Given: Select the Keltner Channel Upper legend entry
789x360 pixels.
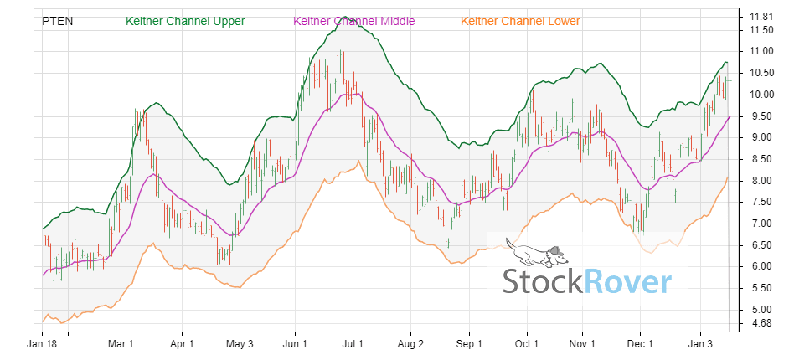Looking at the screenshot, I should [184, 21].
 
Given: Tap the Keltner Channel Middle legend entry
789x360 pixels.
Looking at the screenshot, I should [353, 21].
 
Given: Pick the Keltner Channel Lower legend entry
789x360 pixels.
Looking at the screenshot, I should [520, 21].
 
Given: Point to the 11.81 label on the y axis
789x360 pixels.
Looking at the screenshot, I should [761, 16].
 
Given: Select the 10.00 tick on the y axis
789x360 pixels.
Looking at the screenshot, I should [761, 95].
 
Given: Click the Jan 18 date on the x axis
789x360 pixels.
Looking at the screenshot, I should [42, 343].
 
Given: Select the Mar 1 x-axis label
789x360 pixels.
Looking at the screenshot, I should [122, 343].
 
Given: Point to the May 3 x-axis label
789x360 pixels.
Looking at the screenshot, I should [240, 343].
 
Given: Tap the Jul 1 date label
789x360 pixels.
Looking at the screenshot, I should [353, 343].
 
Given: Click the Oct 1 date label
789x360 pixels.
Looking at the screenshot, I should [526, 343].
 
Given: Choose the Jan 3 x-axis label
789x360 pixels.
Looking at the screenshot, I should [700, 343].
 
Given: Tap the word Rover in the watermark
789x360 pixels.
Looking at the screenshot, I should [629, 282].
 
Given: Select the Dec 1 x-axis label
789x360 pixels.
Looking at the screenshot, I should [641, 343].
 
